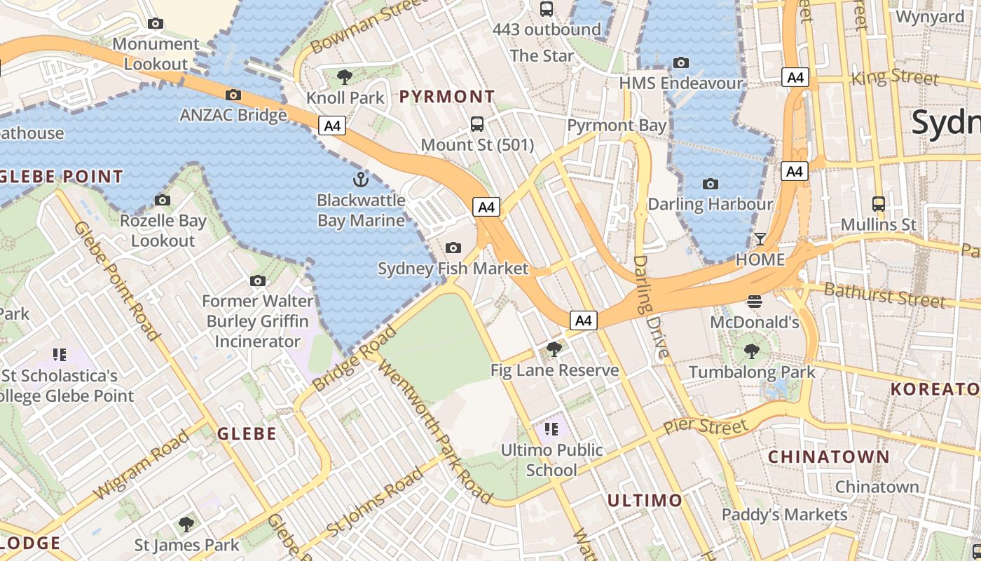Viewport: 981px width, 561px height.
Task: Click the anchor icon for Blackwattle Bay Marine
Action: tap(360, 180)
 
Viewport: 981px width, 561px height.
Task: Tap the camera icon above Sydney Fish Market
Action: tap(453, 248)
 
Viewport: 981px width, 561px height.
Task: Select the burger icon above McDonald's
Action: tap(755, 302)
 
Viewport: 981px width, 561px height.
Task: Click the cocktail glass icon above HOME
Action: tap(760, 238)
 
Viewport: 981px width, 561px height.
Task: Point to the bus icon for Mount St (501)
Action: tap(477, 124)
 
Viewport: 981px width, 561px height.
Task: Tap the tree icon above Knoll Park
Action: tap(344, 76)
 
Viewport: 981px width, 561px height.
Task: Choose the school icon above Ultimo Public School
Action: tap(551, 428)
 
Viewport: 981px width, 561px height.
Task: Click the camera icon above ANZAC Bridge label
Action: tap(233, 95)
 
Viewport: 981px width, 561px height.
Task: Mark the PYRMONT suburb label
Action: tap(447, 97)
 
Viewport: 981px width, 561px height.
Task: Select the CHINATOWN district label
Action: tap(829, 457)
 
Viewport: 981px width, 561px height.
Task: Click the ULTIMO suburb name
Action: tap(645, 501)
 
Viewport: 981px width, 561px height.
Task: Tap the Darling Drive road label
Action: tap(650, 307)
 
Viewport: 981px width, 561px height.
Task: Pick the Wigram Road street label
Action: tap(141, 464)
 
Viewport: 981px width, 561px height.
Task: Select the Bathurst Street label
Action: tap(884, 295)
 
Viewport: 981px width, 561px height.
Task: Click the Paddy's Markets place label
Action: tap(785, 515)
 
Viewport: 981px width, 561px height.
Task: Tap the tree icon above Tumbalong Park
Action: tap(752, 351)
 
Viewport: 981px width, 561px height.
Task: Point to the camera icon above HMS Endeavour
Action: tap(681, 62)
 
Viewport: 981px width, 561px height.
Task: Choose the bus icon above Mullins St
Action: tap(879, 204)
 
